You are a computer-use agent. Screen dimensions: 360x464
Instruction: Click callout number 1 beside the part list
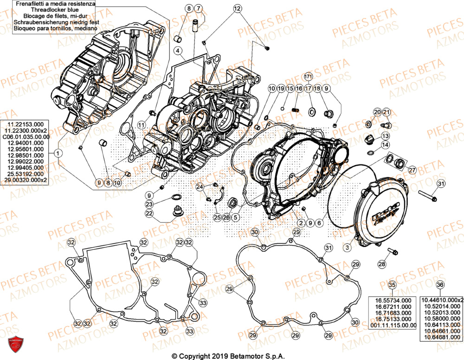pyautogui.click(x=57, y=153)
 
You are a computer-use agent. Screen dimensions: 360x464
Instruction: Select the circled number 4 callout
pyautogui.click(x=178, y=50)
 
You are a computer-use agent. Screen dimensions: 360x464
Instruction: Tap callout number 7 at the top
pyautogui.click(x=198, y=8)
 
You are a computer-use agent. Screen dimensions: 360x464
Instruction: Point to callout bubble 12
pyautogui.click(x=237, y=8)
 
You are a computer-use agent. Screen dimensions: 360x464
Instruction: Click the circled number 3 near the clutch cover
pyautogui.click(x=347, y=249)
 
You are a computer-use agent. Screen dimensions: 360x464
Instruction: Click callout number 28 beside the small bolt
pyautogui.click(x=381, y=264)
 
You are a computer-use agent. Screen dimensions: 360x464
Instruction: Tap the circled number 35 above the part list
pyautogui.click(x=392, y=285)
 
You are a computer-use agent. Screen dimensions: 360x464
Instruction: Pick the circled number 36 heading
pyautogui.click(x=440, y=285)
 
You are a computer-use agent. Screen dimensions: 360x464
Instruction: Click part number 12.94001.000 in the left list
pyautogui.click(x=25, y=143)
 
